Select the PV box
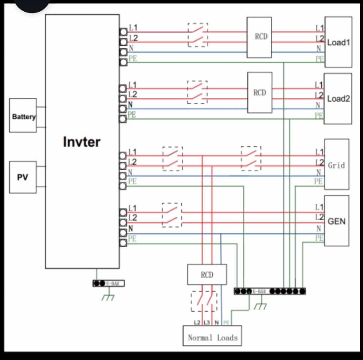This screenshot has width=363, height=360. click(23, 177)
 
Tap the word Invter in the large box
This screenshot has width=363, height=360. click(82, 142)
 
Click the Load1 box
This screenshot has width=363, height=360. click(338, 42)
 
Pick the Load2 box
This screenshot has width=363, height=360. click(338, 99)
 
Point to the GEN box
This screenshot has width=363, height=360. click(336, 221)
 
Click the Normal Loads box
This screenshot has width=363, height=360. click(212, 335)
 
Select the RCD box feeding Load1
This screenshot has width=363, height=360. click(259, 37)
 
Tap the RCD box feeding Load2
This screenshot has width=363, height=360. click(260, 93)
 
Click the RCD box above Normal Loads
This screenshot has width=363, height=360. click(207, 274)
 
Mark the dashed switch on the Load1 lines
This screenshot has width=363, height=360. click(198, 35)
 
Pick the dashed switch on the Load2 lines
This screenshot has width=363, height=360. click(197, 92)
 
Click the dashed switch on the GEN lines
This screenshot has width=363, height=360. click(172, 215)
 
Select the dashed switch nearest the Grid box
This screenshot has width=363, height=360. click(251, 158)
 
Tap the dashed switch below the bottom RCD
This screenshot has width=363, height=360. click(204, 301)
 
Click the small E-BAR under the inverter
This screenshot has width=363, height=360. click(109, 283)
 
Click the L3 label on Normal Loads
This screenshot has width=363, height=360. click(206, 322)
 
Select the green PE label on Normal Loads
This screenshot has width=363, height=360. click(226, 322)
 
